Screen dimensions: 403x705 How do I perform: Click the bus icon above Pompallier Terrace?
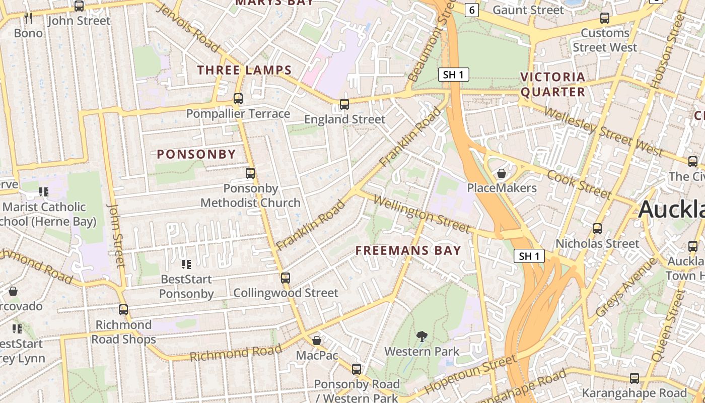238,99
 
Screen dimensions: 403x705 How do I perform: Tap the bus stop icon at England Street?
344,104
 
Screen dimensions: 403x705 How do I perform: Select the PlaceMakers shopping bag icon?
501,174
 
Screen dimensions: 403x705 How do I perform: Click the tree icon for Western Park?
422,336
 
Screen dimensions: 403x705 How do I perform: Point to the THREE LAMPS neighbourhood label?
244,70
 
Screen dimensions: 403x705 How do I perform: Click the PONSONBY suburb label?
196,154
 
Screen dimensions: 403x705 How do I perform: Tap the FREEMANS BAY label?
408,250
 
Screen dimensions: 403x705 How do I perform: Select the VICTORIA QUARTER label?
553,84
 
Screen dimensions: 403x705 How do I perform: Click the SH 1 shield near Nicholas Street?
529,256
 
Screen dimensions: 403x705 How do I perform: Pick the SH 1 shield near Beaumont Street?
453,75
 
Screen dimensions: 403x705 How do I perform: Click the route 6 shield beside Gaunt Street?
471,10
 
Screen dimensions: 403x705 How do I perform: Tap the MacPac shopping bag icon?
317,341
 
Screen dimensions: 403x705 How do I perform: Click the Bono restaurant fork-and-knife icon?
28,18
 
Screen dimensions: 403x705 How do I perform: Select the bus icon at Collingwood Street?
286,278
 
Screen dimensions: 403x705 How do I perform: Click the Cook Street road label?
579,184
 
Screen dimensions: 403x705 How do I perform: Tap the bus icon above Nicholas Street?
597,228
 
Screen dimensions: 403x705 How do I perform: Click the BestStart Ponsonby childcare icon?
186,264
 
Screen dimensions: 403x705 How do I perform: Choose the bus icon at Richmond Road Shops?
123,310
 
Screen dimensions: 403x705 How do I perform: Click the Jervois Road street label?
189,28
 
